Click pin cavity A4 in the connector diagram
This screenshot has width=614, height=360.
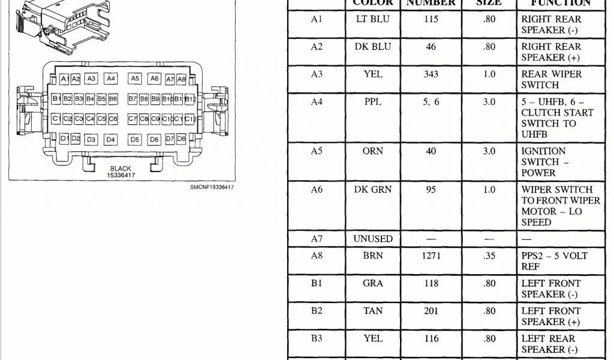(110, 79)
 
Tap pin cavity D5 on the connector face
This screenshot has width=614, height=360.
(135, 140)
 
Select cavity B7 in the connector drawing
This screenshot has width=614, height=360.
(133, 98)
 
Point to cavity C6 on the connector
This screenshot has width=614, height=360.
(113, 119)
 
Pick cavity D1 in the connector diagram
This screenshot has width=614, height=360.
(65, 139)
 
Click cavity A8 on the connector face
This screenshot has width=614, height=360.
(182, 79)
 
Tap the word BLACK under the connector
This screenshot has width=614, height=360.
(121, 169)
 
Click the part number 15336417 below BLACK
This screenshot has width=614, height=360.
(121, 175)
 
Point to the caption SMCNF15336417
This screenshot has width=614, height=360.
(212, 188)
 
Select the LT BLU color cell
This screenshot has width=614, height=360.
(372, 19)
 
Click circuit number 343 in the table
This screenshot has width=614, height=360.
(431, 74)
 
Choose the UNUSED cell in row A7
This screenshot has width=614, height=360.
(372, 239)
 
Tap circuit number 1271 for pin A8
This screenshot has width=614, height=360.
(431, 256)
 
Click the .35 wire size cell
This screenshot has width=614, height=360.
(489, 256)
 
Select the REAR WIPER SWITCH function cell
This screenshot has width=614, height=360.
(551, 80)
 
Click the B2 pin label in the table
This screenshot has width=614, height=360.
(317, 311)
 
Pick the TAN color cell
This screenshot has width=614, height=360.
(372, 311)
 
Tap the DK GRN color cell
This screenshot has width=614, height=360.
(372, 190)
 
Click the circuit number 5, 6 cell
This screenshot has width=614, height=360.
(431, 102)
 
